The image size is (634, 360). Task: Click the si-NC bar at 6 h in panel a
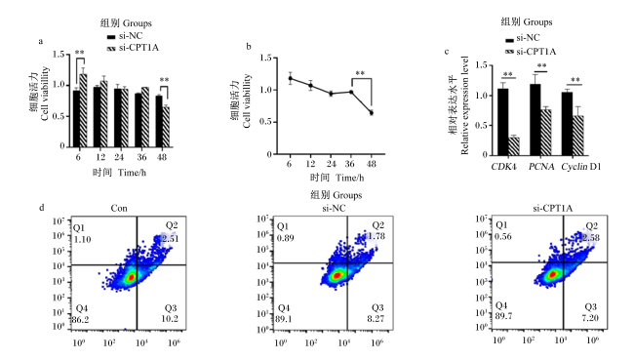click(x=76, y=118)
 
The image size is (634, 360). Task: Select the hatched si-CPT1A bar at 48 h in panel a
click(x=166, y=127)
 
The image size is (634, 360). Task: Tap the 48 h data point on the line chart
click(x=372, y=113)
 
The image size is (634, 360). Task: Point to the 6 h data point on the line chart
click(x=290, y=78)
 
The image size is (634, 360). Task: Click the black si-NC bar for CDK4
click(x=503, y=122)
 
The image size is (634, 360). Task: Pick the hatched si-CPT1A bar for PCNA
click(x=546, y=133)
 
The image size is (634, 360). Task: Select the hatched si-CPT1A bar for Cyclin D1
click(x=578, y=136)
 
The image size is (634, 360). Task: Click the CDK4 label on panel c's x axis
click(x=504, y=167)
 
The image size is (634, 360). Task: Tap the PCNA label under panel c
click(x=541, y=167)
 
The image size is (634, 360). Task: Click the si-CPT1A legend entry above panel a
click(x=133, y=48)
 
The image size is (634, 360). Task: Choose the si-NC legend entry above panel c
click(x=523, y=38)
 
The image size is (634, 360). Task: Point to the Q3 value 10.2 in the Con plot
click(x=170, y=319)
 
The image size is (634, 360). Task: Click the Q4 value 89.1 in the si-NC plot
click(x=284, y=319)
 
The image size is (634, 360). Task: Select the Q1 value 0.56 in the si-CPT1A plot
click(x=503, y=237)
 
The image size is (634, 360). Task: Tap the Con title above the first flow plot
click(x=119, y=209)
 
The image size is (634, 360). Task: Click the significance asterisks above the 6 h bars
click(x=80, y=53)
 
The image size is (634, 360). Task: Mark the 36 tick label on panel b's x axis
click(x=350, y=164)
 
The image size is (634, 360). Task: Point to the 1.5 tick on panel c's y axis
click(x=481, y=65)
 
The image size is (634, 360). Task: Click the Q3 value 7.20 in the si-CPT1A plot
click(x=590, y=317)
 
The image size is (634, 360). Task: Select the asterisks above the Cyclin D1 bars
click(x=575, y=80)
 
